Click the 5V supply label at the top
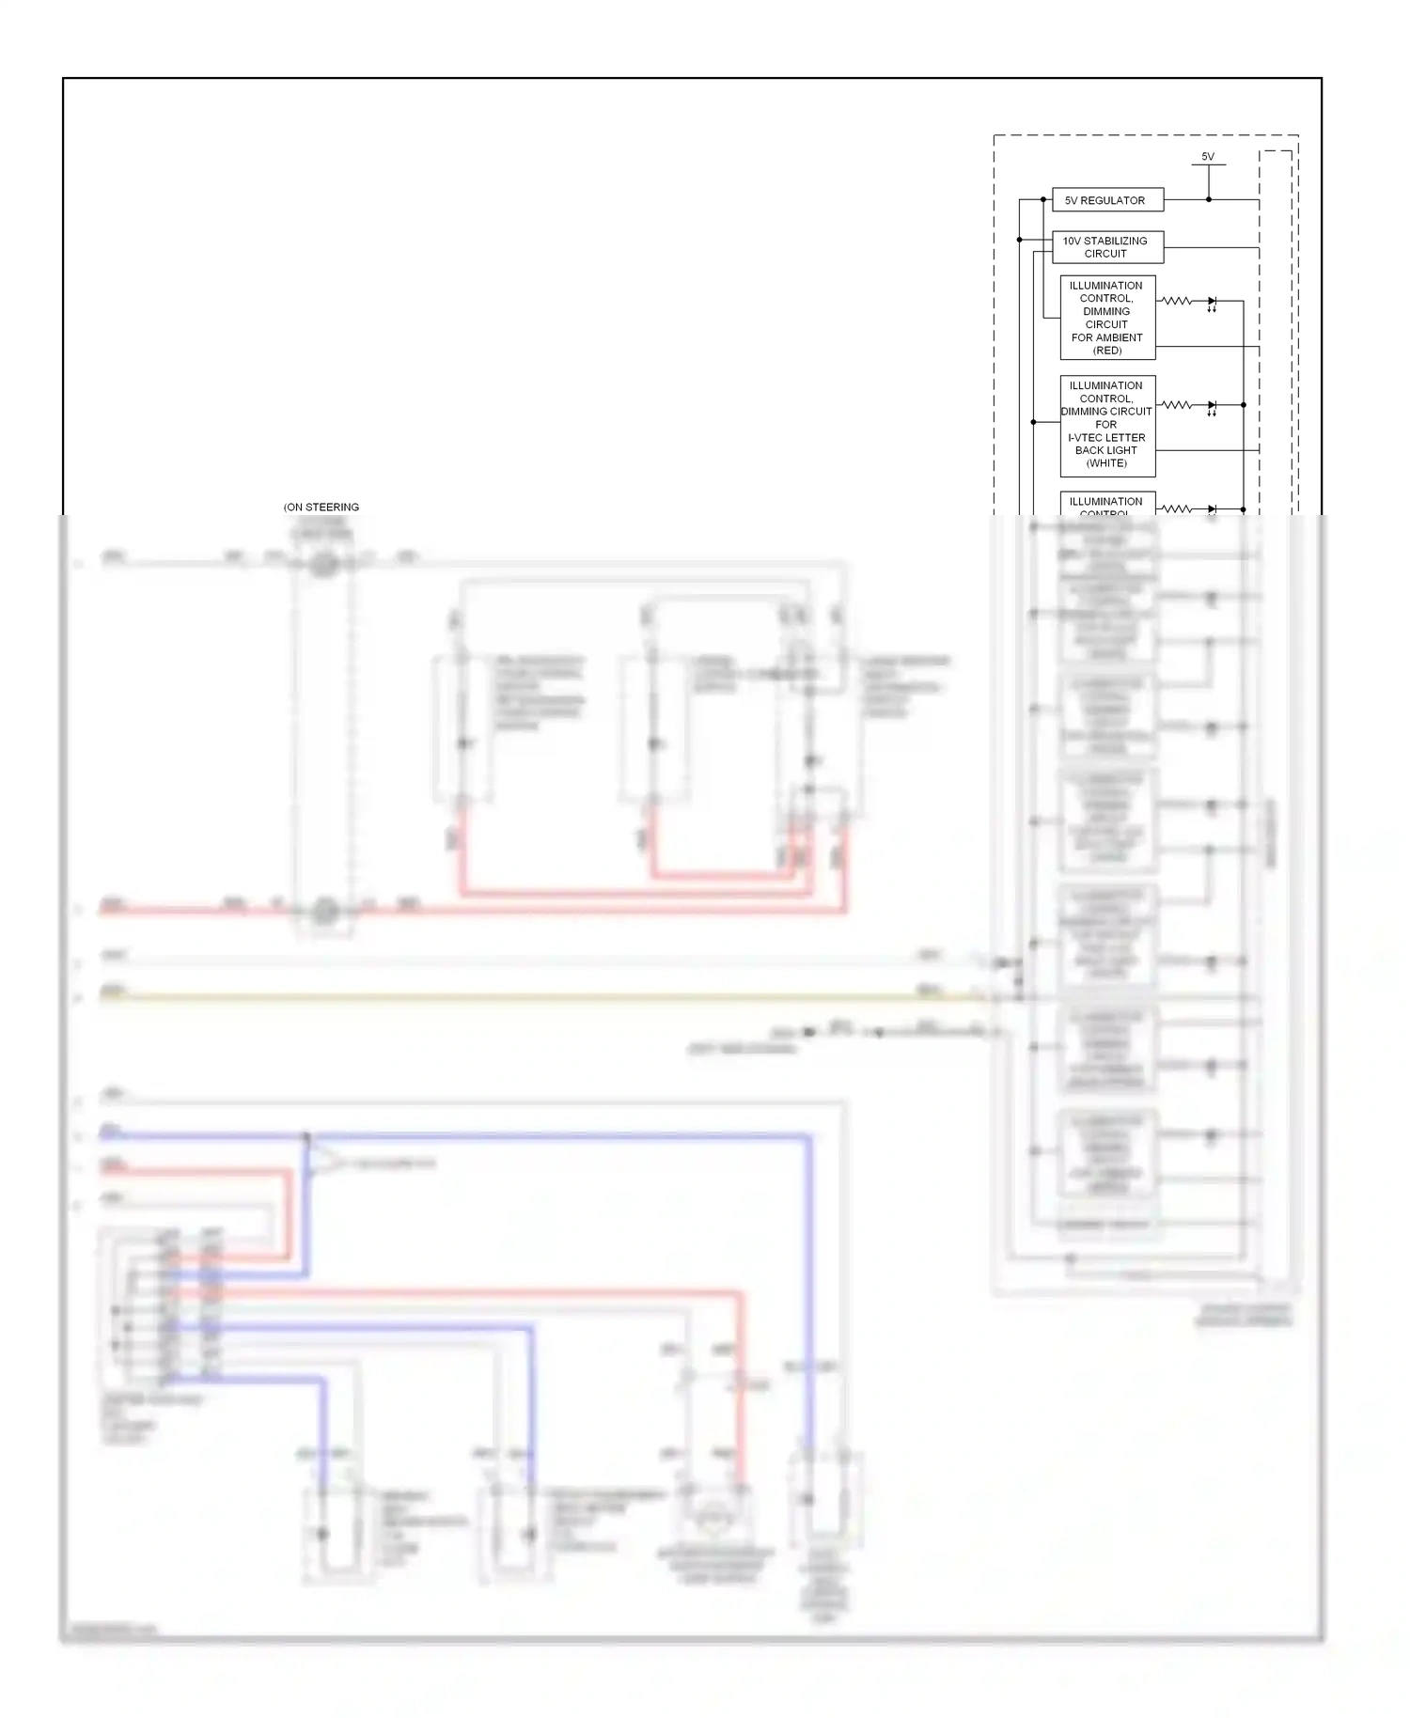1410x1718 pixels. [1208, 157]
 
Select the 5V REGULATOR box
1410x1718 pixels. [1107, 200]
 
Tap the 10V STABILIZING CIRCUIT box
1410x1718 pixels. [1107, 247]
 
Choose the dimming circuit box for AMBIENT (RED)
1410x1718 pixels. [1107, 318]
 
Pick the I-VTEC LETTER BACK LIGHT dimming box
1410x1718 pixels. [1107, 425]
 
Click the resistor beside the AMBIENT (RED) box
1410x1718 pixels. [1177, 301]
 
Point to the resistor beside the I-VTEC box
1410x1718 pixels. [1177, 405]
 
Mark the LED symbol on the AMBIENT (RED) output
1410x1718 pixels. [1212, 302]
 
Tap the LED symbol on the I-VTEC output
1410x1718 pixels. [1212, 406]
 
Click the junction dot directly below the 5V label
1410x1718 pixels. [1209, 199]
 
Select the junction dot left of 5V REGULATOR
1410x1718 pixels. [1043, 199]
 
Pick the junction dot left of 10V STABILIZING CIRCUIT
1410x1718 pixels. [1020, 240]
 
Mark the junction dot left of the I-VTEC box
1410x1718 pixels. [1033, 422]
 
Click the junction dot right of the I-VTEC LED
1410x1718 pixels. [1244, 405]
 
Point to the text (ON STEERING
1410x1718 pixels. [321, 508]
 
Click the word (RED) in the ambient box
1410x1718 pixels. [1107, 351]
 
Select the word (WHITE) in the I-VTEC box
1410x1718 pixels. [1106, 463]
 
